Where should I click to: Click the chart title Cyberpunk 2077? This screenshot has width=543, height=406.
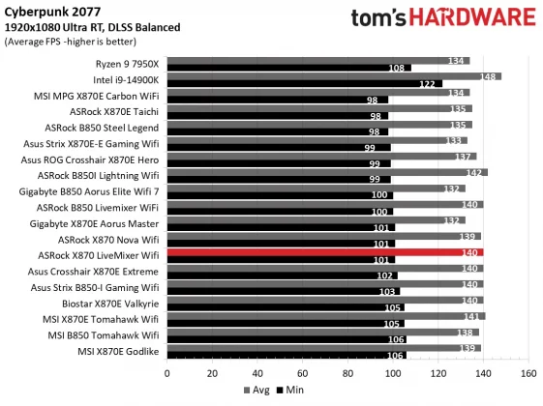[46, 13]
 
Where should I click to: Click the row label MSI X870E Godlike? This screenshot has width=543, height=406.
[113, 349]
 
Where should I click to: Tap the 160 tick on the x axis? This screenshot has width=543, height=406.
[528, 372]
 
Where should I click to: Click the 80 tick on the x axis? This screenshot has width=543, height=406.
[347, 372]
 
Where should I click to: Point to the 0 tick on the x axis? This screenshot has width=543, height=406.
[167, 372]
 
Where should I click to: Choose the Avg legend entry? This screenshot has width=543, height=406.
[254, 391]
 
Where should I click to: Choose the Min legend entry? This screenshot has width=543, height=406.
[290, 391]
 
